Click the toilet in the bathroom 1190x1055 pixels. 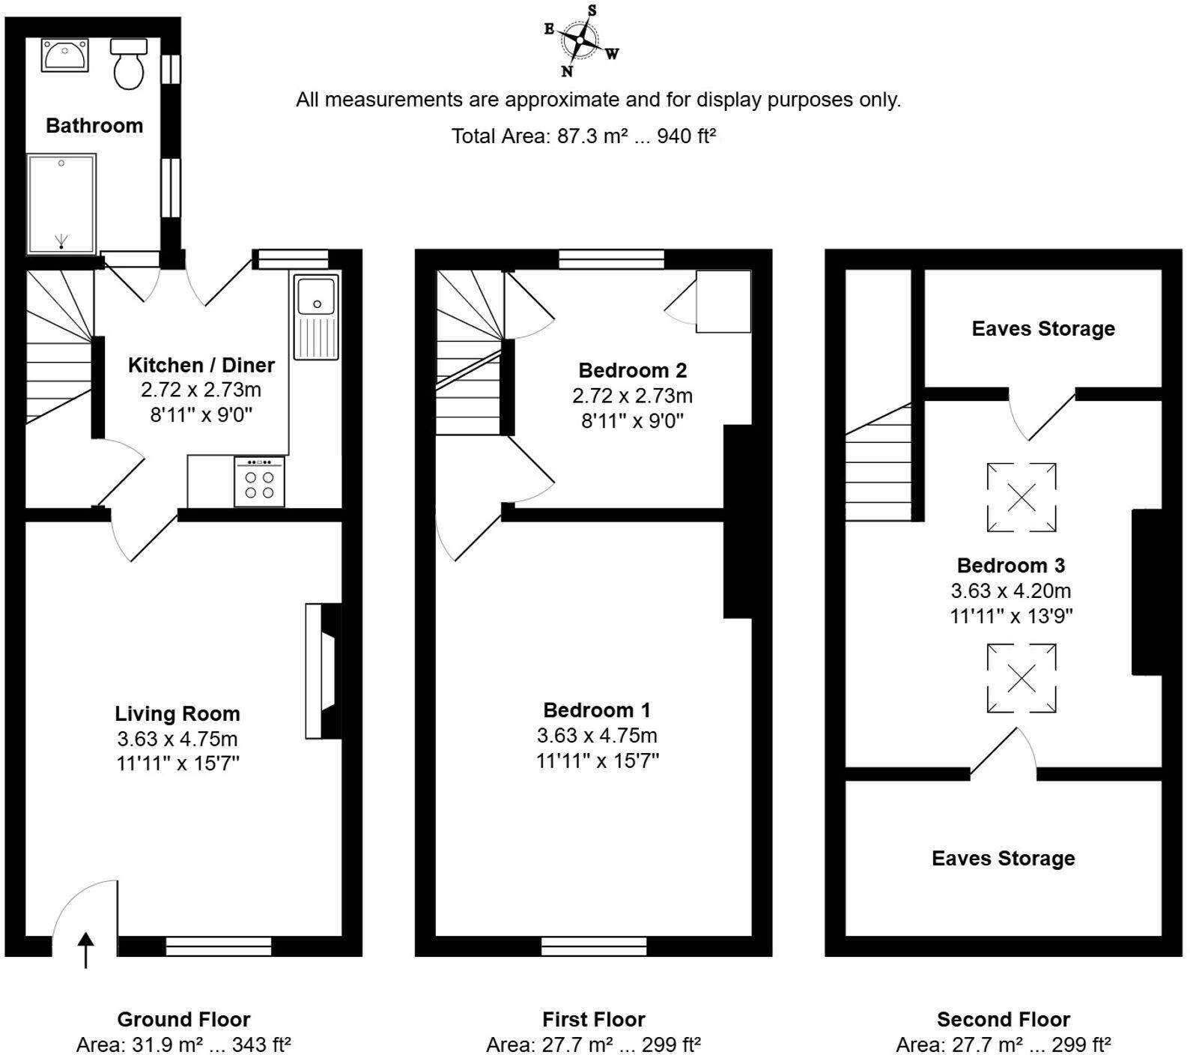pos(129,64)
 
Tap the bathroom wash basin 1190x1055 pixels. pos(65,55)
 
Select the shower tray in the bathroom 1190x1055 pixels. pos(62,204)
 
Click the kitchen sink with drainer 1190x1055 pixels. pos(317,315)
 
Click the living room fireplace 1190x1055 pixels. pos(323,671)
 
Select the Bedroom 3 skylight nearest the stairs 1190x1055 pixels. pos(1021,498)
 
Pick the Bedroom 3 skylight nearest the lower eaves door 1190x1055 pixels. pos(1021,678)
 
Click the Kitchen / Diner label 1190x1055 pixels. pos(201,365)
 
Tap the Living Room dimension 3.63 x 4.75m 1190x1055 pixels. pos(177,739)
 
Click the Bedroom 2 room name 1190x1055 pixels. pos(633,370)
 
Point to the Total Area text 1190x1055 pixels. pos(584,136)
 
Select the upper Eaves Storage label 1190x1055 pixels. pos(1043,328)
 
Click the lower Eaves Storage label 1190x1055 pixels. pos(1003,858)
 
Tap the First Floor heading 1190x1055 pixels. pos(594,1019)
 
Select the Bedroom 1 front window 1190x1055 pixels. pos(594,946)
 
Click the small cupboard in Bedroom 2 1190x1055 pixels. pos(723,301)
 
